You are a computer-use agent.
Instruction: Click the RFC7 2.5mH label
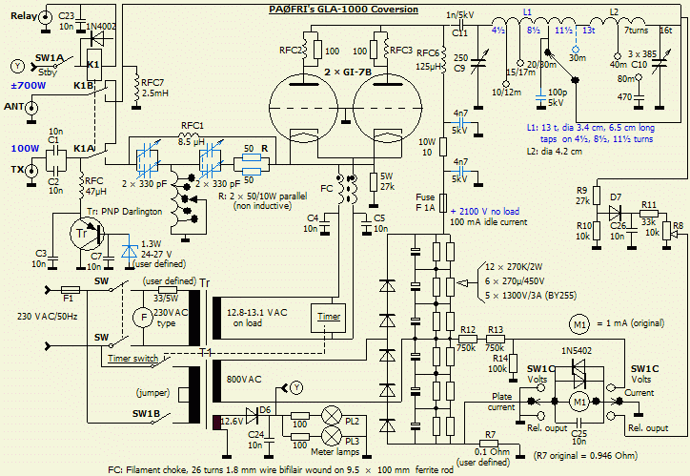pyautogui.click(x=155, y=87)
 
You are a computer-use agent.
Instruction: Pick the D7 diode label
pyautogui.click(x=616, y=197)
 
